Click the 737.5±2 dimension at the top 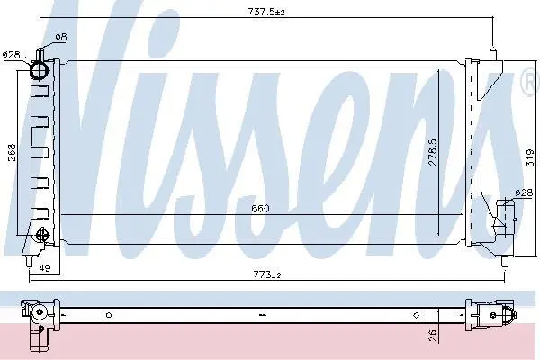click(x=266, y=12)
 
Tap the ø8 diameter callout click(x=60, y=37)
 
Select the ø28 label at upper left click(x=11, y=55)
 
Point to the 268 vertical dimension click(x=12, y=152)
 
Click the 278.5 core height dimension click(x=433, y=152)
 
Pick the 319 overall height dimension click(x=530, y=157)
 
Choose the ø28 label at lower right click(x=524, y=193)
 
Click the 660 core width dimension click(x=260, y=209)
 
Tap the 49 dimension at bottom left click(x=45, y=267)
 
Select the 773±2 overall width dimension click(x=267, y=274)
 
